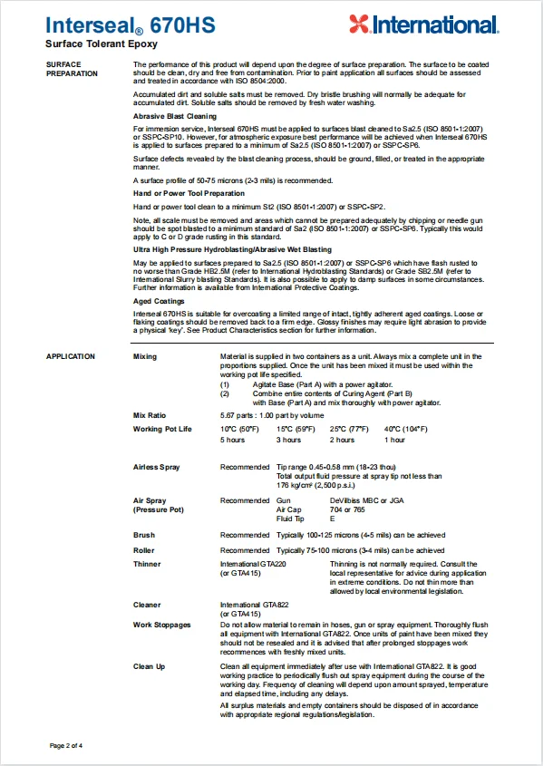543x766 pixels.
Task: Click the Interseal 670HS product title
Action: [131, 25]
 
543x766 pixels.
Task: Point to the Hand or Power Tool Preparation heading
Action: [189, 193]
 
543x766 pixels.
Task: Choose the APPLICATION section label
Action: [71, 356]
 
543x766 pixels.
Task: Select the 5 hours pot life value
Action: [233, 440]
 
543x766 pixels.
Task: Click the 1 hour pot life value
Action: [394, 440]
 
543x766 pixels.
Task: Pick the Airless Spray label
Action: [156, 467]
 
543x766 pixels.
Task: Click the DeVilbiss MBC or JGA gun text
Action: [364, 500]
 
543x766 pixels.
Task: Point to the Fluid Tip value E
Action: [332, 519]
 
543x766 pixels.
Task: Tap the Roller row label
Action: [144, 550]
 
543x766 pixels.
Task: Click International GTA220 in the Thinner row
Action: [253, 565]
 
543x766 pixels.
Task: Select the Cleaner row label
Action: [147, 605]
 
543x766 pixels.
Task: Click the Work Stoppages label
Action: [162, 625]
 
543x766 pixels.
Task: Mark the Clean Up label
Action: [150, 666]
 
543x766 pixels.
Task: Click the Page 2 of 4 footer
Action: [66, 745]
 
